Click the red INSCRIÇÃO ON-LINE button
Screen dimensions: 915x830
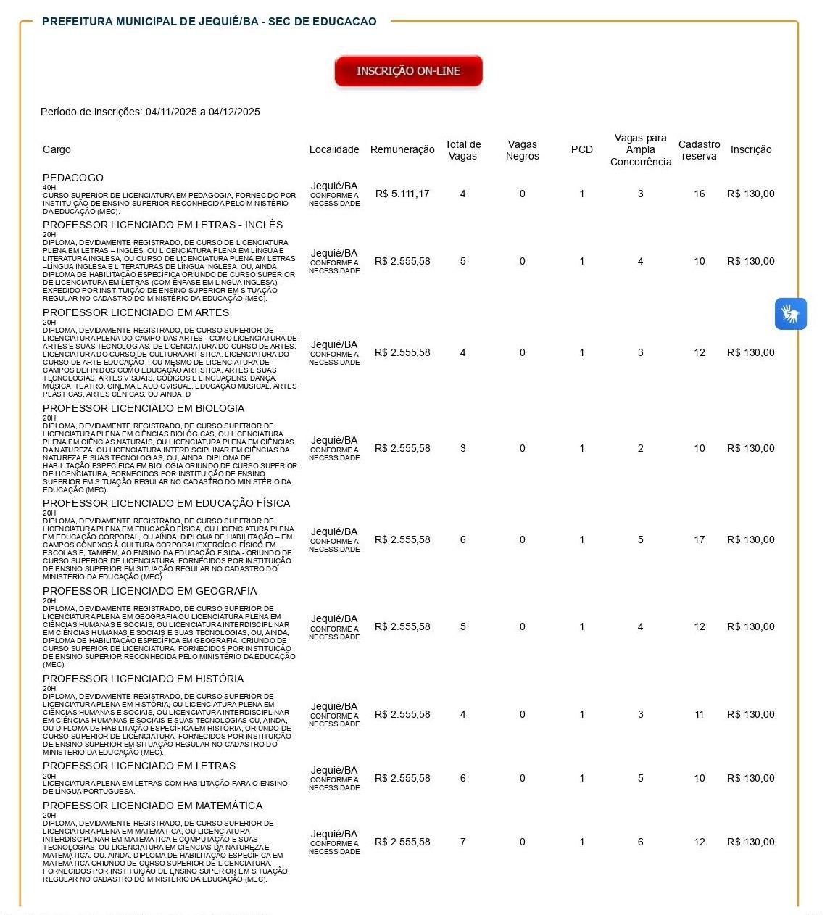[x=408, y=71]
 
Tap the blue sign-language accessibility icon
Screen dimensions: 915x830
[x=790, y=314]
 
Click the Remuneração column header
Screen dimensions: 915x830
[x=402, y=149]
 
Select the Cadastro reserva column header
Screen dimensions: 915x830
[x=699, y=150]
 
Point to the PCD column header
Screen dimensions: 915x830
[x=581, y=149]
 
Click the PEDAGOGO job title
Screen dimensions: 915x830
[x=73, y=178]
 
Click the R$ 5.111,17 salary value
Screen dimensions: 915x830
[x=402, y=194]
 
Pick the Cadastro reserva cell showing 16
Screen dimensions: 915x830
[x=699, y=194]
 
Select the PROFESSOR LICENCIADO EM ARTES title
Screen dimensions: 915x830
[x=136, y=312]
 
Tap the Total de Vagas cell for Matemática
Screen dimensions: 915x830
[x=462, y=842]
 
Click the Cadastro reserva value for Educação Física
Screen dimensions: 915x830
[x=699, y=539]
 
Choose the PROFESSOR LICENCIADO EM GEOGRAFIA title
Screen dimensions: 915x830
[x=149, y=591]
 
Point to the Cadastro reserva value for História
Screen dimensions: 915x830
[x=699, y=714]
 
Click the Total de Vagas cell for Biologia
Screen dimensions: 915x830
[x=462, y=448]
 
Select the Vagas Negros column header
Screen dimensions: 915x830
[x=522, y=150]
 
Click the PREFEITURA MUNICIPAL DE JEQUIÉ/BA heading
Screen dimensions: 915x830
[x=209, y=22]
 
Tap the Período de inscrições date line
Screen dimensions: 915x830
[x=150, y=112]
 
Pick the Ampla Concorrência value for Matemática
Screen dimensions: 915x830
[x=640, y=842]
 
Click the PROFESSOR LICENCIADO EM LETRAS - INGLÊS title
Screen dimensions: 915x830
[x=162, y=225]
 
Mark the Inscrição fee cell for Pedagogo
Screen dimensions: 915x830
[x=750, y=194]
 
